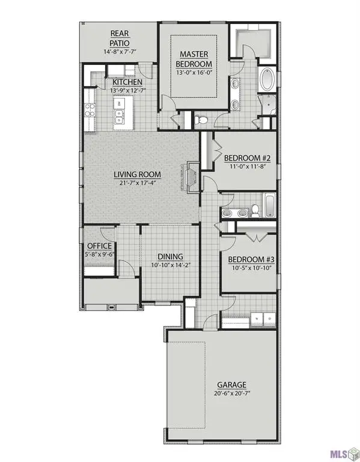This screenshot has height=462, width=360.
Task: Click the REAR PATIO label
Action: [x=118, y=38]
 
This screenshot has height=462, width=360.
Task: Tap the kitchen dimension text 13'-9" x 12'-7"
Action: [x=128, y=90]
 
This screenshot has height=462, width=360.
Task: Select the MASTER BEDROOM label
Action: [x=194, y=59]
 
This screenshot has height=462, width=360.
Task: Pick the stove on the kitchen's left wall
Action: [x=91, y=109]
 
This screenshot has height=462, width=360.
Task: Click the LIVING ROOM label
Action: [x=138, y=176]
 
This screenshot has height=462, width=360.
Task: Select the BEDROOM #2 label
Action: [x=248, y=159]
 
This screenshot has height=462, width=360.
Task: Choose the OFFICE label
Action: [x=99, y=246]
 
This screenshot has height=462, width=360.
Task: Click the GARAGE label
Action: [x=232, y=384]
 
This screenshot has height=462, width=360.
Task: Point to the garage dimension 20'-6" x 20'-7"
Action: [x=232, y=393]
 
